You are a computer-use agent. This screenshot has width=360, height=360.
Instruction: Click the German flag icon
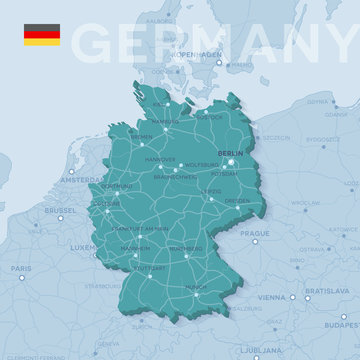pyautogui.click(x=42, y=34)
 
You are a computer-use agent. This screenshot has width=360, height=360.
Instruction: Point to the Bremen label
pyautogui.click(x=142, y=137)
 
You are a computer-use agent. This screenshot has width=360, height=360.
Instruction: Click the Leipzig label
pyautogui.click(x=211, y=190)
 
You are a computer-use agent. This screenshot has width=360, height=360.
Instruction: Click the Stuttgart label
pyautogui.click(x=151, y=267)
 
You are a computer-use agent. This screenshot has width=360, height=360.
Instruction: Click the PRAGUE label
pyautogui.click(x=255, y=233)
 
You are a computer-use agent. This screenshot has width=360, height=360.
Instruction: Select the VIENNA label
pyautogui.click(x=271, y=297)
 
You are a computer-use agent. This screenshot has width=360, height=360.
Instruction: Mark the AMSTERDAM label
pyautogui.click(x=80, y=180)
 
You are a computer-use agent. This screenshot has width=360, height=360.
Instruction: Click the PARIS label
pyautogui.click(x=21, y=268)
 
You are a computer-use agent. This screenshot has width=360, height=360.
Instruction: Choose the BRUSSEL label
pyautogui.click(x=60, y=211)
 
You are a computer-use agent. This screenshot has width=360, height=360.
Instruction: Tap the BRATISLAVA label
pyautogui.click(x=326, y=290)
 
